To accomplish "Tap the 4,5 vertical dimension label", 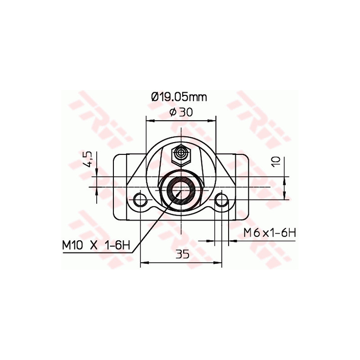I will tap(88, 159).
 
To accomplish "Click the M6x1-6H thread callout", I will tap(269, 233).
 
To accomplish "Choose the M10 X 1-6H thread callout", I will tap(96, 246).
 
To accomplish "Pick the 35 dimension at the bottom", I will tap(181, 254).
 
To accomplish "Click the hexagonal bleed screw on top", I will tap(181, 154).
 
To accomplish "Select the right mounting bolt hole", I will tap(221, 199).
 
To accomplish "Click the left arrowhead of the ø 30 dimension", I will tap(149, 121).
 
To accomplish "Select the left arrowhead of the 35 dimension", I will tap(144, 262).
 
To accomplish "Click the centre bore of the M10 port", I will tap(181, 189).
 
